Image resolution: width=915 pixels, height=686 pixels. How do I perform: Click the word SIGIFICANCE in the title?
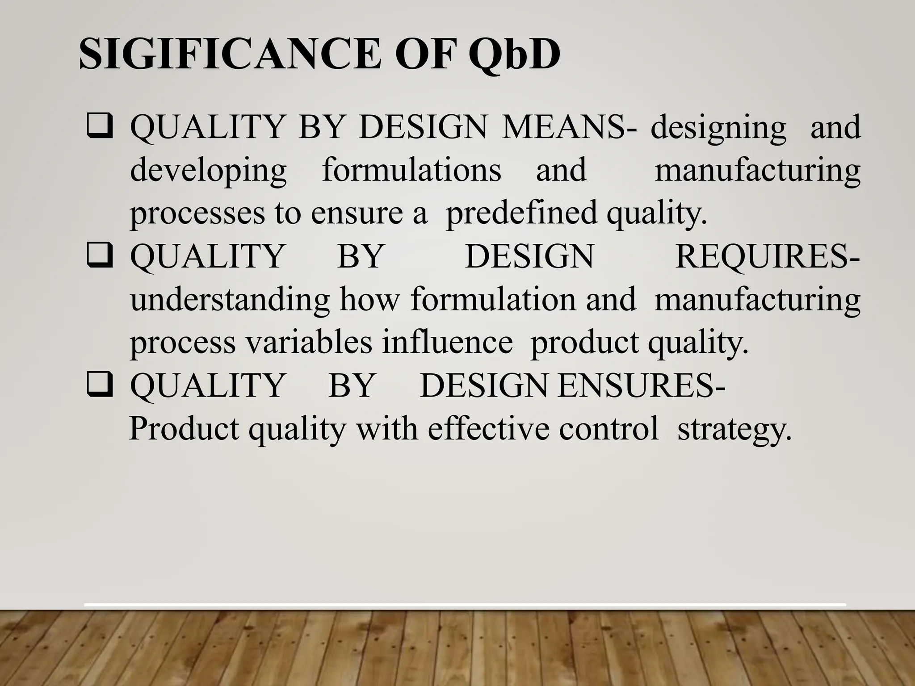click(x=230, y=54)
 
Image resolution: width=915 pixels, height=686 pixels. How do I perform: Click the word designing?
click(x=718, y=128)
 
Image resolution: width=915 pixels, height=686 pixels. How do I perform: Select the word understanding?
click(x=230, y=300)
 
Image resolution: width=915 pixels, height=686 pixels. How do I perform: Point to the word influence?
click(x=447, y=342)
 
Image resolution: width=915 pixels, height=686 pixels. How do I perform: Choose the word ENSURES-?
click(x=641, y=385)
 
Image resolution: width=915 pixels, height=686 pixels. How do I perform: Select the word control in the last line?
click(x=609, y=428)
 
